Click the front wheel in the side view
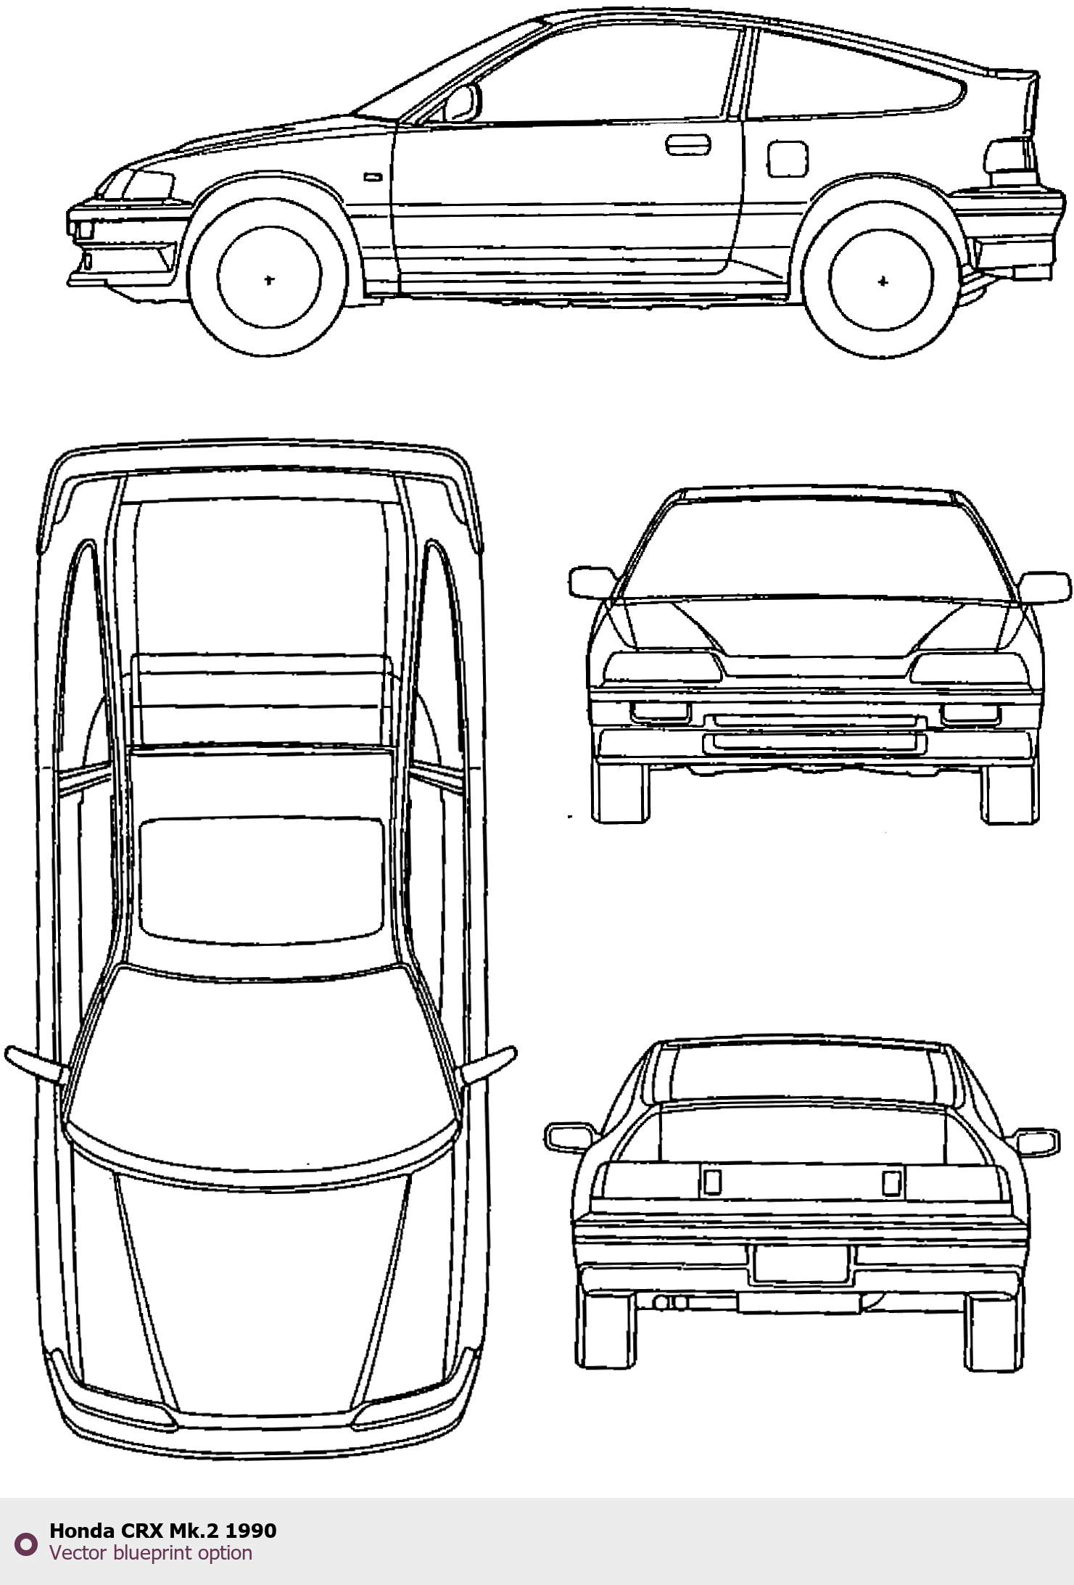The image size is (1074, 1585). pyautogui.click(x=268, y=279)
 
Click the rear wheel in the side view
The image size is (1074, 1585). pyautogui.click(x=882, y=281)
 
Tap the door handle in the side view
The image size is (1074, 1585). pyautogui.click(x=688, y=144)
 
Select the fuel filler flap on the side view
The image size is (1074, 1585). pyautogui.click(x=787, y=159)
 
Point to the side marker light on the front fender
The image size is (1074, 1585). pyautogui.click(x=373, y=176)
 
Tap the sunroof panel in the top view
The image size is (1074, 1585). pyautogui.click(x=261, y=876)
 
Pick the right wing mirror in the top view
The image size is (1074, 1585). pyautogui.click(x=489, y=1064)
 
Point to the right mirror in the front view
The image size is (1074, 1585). pyautogui.click(x=1045, y=586)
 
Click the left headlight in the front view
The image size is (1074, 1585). pyautogui.click(x=664, y=667)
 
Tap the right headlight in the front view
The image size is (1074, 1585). pyautogui.click(x=970, y=667)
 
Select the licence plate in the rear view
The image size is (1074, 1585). pyautogui.click(x=801, y=1264)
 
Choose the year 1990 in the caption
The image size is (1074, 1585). pyautogui.click(x=251, y=1531)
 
